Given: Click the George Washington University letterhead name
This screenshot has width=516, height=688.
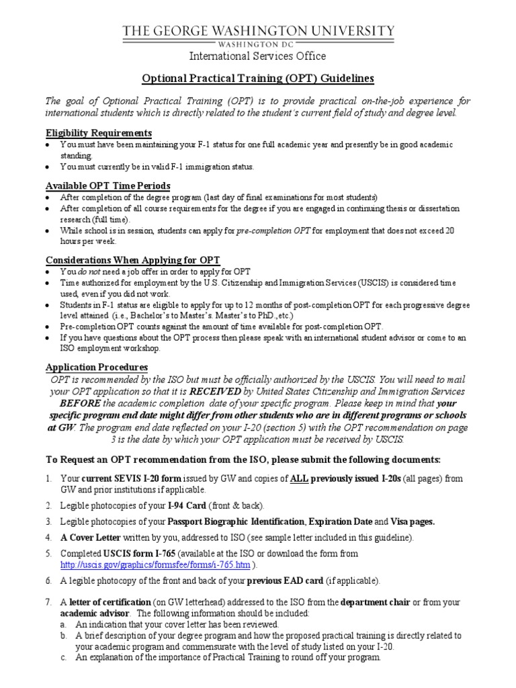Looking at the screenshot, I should click(x=257, y=31).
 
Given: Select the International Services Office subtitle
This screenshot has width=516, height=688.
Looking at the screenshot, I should click(x=257, y=56).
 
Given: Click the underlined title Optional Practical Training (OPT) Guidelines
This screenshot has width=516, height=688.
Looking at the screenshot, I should click(x=257, y=78).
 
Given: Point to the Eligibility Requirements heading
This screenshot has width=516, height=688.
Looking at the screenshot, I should click(x=98, y=132).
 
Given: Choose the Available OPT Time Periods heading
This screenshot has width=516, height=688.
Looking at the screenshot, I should click(x=107, y=185).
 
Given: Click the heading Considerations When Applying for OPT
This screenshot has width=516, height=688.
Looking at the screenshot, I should click(x=132, y=260).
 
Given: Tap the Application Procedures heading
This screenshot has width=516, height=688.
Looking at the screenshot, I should click(x=96, y=368).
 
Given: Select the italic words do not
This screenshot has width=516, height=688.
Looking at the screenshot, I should click(x=85, y=271).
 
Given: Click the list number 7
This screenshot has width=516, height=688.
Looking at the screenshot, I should click(x=48, y=603).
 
